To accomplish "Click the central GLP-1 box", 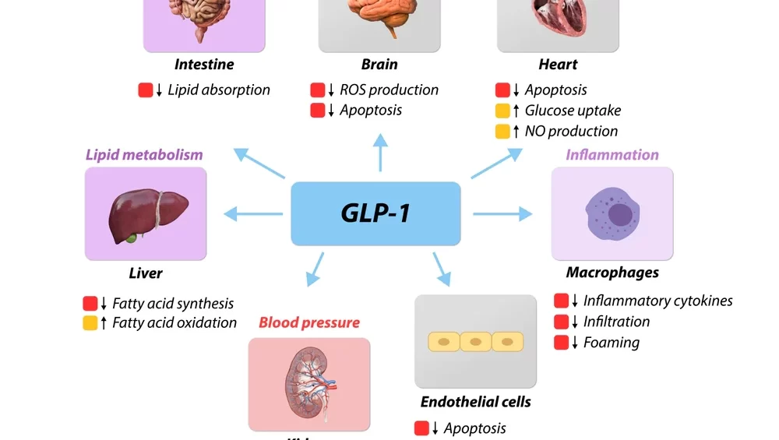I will tap(375, 213).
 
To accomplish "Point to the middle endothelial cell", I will tap(475, 342).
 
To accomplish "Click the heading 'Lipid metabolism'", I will tap(144, 154).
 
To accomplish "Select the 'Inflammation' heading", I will tap(612, 154).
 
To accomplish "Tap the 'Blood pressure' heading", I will tap(309, 322).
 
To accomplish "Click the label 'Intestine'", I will tap(204, 65).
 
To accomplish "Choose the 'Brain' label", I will tap(379, 65).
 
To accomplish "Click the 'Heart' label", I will tap(558, 65).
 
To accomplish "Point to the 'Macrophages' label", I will tap(612, 273).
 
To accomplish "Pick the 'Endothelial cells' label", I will tap(475, 402).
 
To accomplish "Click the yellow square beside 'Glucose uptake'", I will tap(503, 111).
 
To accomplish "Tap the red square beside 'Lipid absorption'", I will tap(146, 90).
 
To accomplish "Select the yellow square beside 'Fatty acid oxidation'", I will tap(90, 322).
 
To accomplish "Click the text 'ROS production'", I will tap(389, 90).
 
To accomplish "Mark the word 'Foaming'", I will tap(612, 343).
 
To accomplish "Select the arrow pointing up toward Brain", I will tap(380, 151).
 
